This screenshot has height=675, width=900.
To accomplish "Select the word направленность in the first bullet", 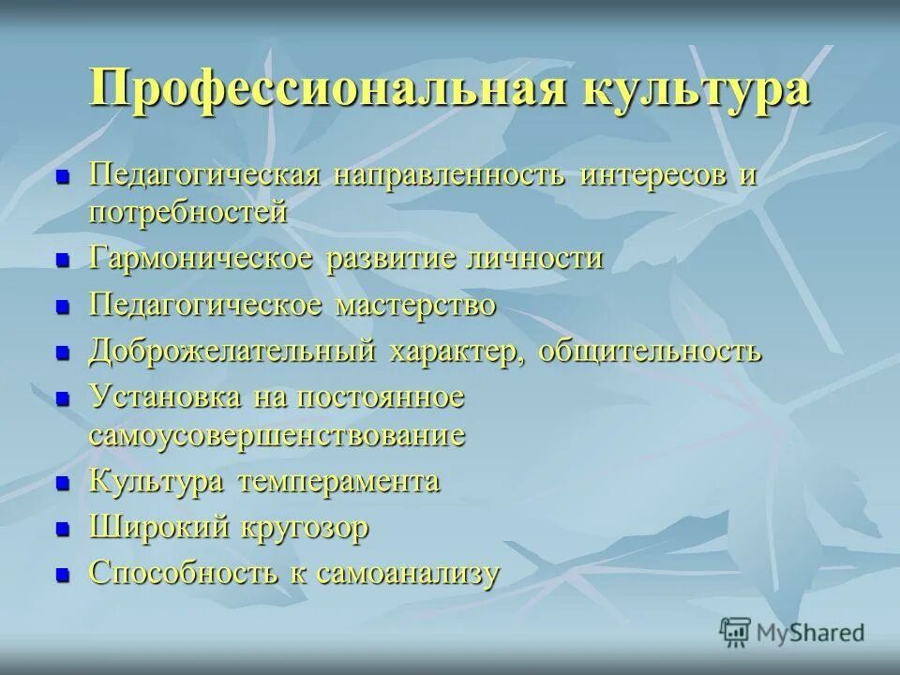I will pyautogui.click(x=450, y=175).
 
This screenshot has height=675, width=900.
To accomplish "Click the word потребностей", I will pyautogui.click(x=187, y=212).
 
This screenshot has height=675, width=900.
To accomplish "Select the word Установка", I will pyautogui.click(x=164, y=397).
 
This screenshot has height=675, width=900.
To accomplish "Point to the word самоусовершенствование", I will pyautogui.click(x=277, y=435).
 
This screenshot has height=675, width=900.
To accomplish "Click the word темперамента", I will pyautogui.click(x=338, y=482).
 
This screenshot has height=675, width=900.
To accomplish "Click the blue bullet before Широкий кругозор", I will pyautogui.click(x=64, y=530).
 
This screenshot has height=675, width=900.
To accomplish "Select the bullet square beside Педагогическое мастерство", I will pyautogui.click(x=64, y=307).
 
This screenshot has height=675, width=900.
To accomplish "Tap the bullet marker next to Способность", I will pyautogui.click(x=64, y=576).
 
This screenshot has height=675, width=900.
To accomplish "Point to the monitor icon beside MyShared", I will pyautogui.click(x=736, y=632).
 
